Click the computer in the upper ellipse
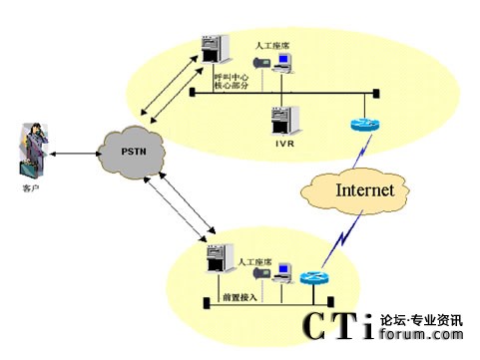point(283,63)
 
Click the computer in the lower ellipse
point(284,271)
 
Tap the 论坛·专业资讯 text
point(420,321)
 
